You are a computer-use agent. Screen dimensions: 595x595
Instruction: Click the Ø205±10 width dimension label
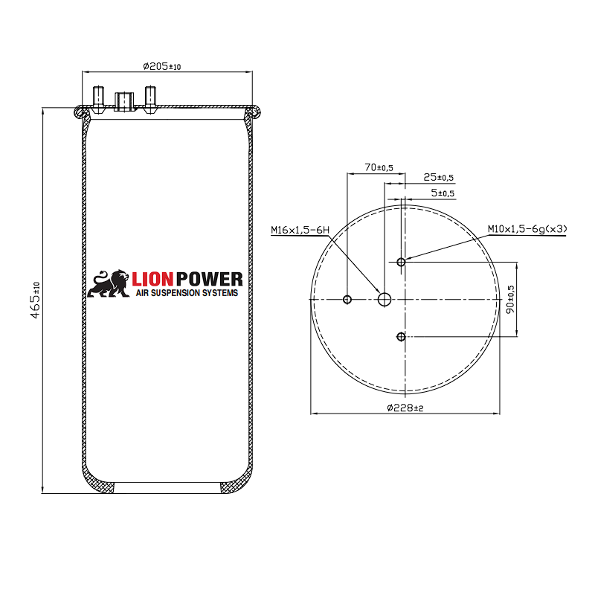click(162, 66)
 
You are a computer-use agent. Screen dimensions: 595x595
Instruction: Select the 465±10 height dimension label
click(35, 299)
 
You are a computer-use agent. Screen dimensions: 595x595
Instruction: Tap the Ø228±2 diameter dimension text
click(406, 408)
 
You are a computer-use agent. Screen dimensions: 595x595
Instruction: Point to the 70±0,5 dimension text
click(379, 168)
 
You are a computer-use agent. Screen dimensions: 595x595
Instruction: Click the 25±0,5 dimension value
click(438, 178)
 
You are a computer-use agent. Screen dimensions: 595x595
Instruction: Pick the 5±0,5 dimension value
click(443, 193)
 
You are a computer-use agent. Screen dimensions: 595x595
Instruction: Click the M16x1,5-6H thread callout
click(300, 231)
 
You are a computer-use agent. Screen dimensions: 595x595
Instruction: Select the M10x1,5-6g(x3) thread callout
click(527, 229)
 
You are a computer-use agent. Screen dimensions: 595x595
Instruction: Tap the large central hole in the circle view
click(385, 299)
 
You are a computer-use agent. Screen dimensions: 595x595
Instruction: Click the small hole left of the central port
click(347, 299)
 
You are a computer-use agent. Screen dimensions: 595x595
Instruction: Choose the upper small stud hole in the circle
click(401, 262)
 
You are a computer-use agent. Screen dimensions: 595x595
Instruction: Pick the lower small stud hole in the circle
click(401, 337)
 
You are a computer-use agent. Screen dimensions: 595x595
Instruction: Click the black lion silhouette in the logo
click(109, 283)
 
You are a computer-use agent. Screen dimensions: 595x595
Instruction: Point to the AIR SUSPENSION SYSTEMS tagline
click(187, 294)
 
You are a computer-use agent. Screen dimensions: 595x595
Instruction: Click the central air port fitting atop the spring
click(123, 100)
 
